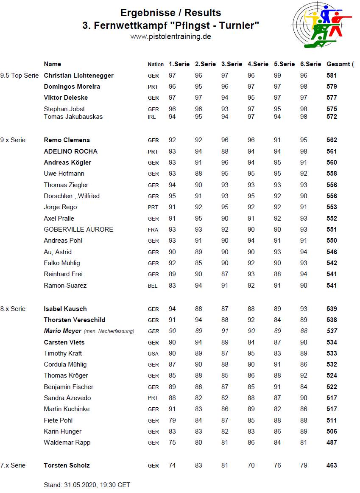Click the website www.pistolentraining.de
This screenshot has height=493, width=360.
tap(170, 36)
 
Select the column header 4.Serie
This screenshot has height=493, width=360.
tap(258, 64)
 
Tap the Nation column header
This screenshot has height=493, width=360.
tap(156, 64)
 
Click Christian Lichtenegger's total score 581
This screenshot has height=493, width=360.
tap(332, 76)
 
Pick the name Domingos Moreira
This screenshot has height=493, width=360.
tap(72, 87)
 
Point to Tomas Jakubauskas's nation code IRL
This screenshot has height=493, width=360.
tap(152, 117)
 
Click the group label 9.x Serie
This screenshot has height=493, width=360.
tap(13, 140)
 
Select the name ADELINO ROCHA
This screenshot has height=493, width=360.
tap(70, 151)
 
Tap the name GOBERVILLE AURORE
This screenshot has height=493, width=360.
tap(78, 230)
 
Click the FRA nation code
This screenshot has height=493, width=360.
tap(153, 230)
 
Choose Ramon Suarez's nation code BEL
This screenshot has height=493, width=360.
tap(153, 286)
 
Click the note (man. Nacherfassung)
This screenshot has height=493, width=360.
tap(109, 331)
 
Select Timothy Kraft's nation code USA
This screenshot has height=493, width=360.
tap(153, 353)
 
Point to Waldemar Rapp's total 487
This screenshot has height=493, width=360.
tap(332, 443)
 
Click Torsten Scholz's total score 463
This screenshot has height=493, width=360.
tap(332, 465)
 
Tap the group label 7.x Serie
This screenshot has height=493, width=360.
tap(13, 465)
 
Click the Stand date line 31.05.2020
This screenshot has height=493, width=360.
tap(87, 485)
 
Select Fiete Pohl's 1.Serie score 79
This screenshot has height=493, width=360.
tap(172, 420)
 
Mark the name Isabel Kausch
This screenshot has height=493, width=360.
tap(65, 309)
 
